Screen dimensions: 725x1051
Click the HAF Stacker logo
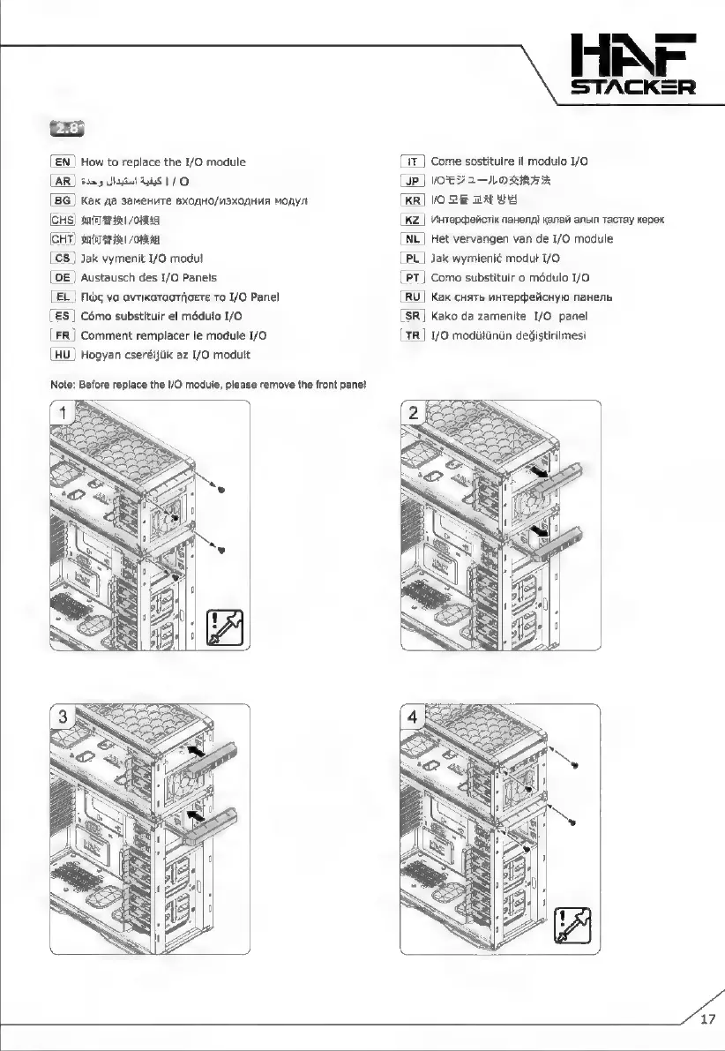point(632,63)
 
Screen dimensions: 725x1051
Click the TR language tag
point(413,334)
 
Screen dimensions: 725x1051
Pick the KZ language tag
point(413,220)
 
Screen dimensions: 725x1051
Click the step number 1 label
point(64,414)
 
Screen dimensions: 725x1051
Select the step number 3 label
point(64,717)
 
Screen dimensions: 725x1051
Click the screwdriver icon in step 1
point(228,628)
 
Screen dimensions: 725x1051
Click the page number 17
point(707,1021)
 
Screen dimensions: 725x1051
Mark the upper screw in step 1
point(221,490)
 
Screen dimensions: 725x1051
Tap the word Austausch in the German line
point(108,277)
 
